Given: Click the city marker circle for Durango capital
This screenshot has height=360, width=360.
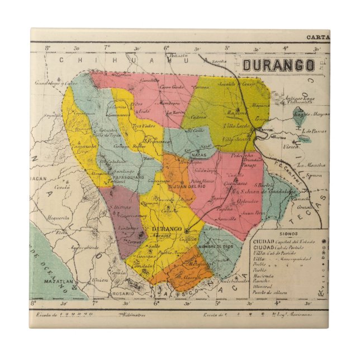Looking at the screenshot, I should coord(186,230).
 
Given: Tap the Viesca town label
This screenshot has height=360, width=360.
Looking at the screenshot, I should coord(291,148).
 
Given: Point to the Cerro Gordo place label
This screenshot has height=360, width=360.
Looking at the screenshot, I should coord(170,87).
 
